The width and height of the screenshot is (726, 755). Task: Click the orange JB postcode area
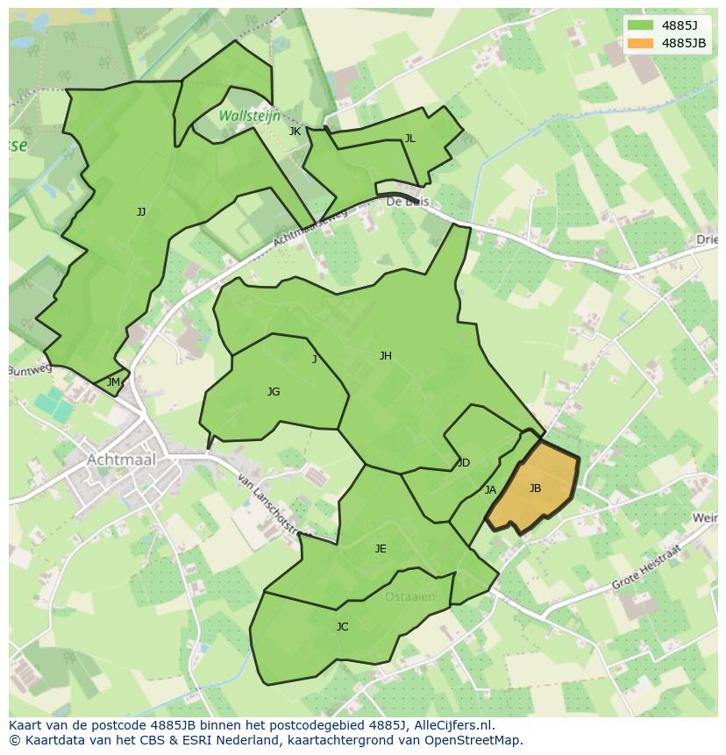pyautogui.click(x=535, y=488)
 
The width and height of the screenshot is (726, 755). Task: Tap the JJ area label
pyautogui.click(x=141, y=212)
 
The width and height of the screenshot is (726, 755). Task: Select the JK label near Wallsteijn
pyautogui.click(x=295, y=132)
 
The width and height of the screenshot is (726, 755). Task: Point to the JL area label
pyautogui.click(x=409, y=139)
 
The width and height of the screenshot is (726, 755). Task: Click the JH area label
pyautogui.click(x=385, y=355)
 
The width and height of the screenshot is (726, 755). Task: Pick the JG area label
pyautogui.click(x=274, y=392)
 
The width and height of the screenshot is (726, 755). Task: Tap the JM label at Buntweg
pyautogui.click(x=113, y=382)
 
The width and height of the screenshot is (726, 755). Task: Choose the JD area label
pyautogui.click(x=464, y=463)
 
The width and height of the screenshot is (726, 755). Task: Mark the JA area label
pyautogui.click(x=490, y=490)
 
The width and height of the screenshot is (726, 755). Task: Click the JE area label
pyautogui.click(x=381, y=549)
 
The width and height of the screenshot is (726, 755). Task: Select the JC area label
pyautogui.click(x=342, y=627)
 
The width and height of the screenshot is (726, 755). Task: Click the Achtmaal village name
pyautogui.click(x=121, y=459)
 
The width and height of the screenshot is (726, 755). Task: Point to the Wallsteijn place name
pyautogui.click(x=249, y=116)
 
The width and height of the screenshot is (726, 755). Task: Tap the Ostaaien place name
pyautogui.click(x=409, y=597)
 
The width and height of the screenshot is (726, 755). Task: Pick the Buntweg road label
pyautogui.click(x=31, y=370)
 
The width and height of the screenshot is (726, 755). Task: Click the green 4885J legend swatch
pyautogui.click(x=641, y=25)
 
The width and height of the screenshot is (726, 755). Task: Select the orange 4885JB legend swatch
pyautogui.click(x=641, y=43)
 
